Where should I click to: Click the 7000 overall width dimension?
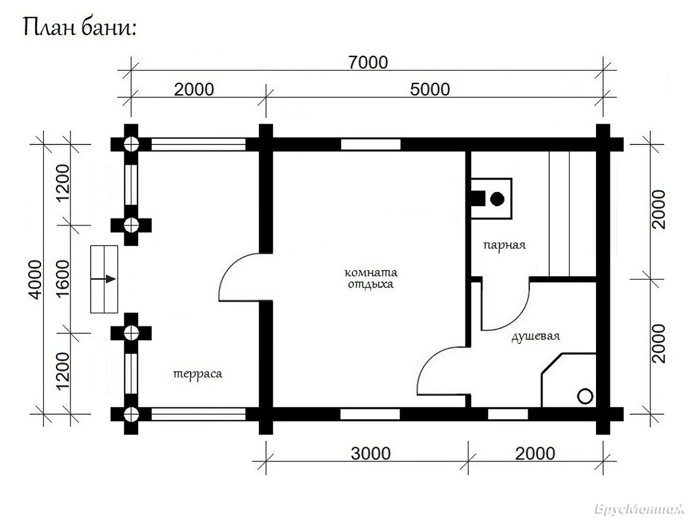[368, 62]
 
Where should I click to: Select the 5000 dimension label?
[430, 90]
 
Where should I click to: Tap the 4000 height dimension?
[35, 280]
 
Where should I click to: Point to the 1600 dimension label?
[62, 278]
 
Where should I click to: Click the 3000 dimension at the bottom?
[371, 454]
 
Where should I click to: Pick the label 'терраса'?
[198, 374]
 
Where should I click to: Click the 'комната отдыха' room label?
[371, 278]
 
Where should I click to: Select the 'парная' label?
[505, 245]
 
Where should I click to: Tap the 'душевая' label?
[536, 336]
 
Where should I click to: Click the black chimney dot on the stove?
[497, 199]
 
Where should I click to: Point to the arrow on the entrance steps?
[103, 279]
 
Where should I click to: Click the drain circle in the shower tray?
[585, 396]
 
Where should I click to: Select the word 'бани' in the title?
[109, 28]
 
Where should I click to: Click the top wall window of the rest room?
[371, 144]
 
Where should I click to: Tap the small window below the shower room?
[508, 414]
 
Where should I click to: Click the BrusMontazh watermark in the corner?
[639, 510]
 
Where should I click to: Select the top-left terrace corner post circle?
[131, 144]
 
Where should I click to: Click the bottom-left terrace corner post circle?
[131, 414]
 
